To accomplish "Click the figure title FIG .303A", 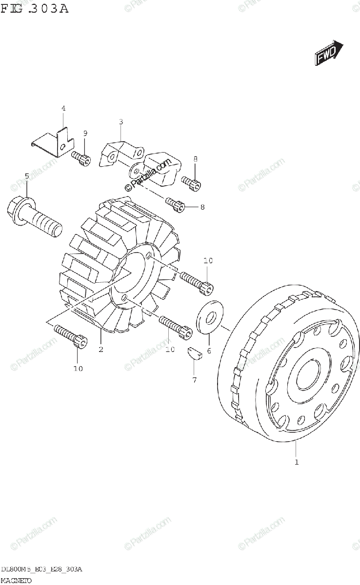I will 35,8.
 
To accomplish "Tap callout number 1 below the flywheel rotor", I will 296,461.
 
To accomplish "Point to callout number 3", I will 121,122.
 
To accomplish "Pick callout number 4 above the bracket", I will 63,108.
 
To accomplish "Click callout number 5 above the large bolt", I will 27,175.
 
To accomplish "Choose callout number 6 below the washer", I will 208,350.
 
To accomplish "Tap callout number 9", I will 85,134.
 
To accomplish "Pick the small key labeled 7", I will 194,354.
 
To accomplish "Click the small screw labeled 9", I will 81,158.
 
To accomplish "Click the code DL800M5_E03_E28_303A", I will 41,570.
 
